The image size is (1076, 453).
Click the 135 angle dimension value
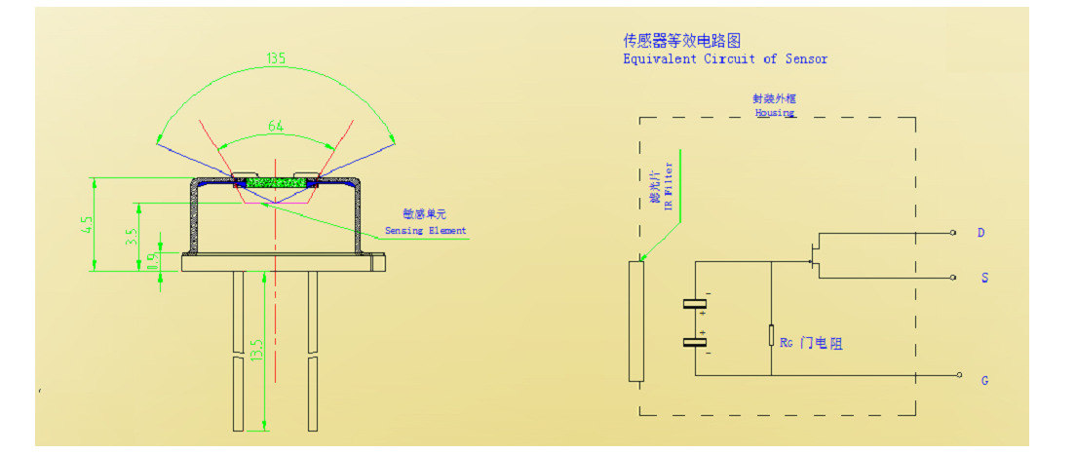[276, 59]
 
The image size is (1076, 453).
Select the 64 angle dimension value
[276, 126]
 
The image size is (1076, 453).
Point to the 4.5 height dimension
[87, 225]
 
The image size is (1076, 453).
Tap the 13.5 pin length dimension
[257, 350]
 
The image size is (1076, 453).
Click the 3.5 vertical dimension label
[131, 236]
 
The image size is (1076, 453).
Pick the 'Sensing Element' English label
[425, 231]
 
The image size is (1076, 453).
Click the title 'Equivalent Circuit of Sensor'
[725, 59]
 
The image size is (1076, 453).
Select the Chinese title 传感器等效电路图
[682, 40]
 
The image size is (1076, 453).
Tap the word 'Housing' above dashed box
[775, 112]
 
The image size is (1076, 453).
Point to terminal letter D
[980, 233]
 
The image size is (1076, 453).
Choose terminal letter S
[984, 279]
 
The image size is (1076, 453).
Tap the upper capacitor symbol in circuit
[695, 306]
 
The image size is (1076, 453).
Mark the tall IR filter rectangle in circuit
[636, 321]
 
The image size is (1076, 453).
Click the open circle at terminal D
[953, 233]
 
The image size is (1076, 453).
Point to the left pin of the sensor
[238, 351]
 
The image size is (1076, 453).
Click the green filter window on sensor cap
[276, 182]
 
